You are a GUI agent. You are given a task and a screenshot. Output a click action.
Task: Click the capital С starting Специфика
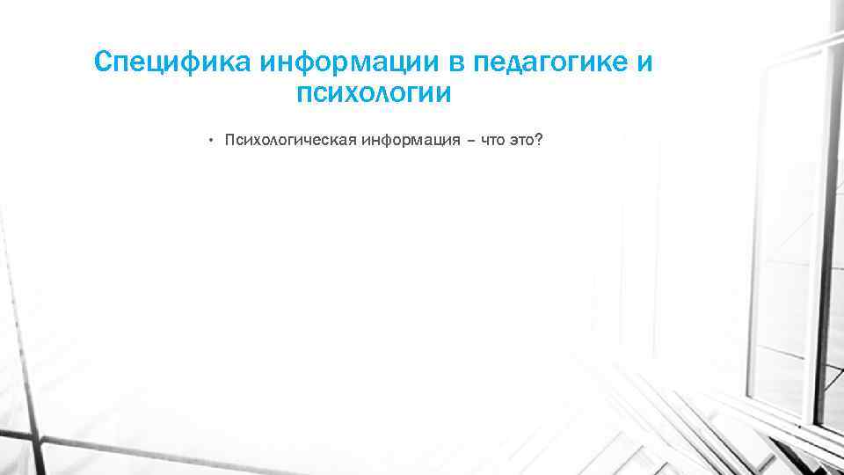point(103,63)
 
